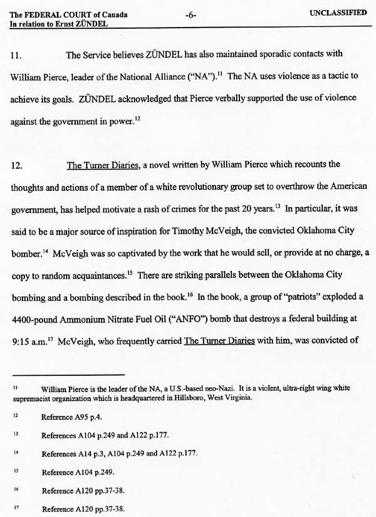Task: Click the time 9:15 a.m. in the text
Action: [x=29, y=342]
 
